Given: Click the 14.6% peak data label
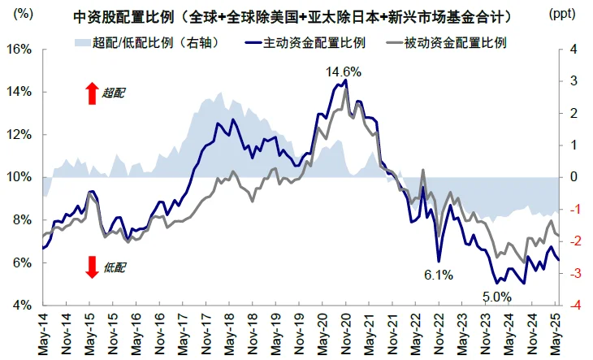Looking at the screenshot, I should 343,72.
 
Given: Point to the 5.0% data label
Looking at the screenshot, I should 497,297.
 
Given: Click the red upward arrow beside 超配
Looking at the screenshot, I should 91,93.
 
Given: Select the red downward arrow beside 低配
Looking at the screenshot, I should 91,267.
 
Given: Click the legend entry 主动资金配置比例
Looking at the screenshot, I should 312,41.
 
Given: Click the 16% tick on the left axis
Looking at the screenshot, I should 19,50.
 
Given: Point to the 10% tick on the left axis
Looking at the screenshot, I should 19,177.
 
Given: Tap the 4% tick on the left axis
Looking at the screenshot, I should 20,306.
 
